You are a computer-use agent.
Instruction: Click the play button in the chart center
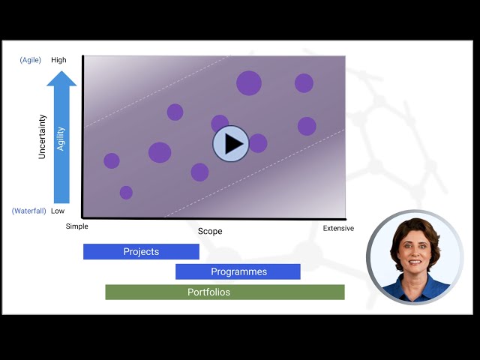pyautogui.click(x=230, y=143)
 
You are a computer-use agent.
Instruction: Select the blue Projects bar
pyautogui.click(x=141, y=252)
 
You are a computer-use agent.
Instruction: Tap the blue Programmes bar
pyautogui.click(x=238, y=271)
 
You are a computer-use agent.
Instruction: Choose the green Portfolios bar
pyautogui.click(x=224, y=292)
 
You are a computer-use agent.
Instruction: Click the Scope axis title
pyautogui.click(x=210, y=231)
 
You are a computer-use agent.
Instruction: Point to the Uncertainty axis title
pyautogui.click(x=43, y=136)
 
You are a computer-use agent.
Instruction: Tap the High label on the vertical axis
pyautogui.click(x=59, y=60)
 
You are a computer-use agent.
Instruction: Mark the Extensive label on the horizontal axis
pyautogui.click(x=338, y=228)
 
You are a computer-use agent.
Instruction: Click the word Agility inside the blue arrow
pyautogui.click(x=61, y=139)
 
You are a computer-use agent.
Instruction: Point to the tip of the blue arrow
pyautogui.click(x=61, y=72)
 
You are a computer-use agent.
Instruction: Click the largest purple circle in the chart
pyautogui.click(x=249, y=82)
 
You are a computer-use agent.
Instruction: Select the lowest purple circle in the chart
pyautogui.click(x=126, y=193)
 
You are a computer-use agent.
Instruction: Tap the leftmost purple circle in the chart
pyautogui.click(x=112, y=160)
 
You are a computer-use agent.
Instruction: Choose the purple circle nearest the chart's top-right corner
pyautogui.click(x=304, y=83)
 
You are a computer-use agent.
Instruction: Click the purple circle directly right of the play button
pyautogui.click(x=258, y=143)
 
